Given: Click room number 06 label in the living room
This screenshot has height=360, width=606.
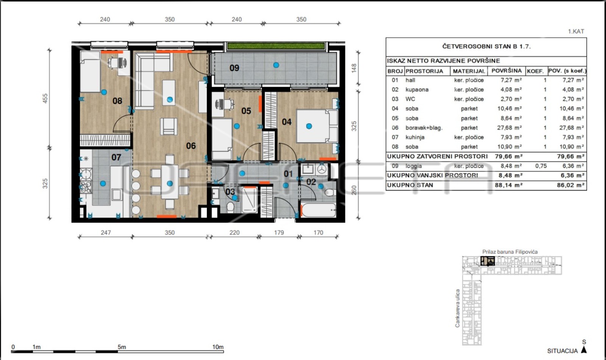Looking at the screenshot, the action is [191, 146].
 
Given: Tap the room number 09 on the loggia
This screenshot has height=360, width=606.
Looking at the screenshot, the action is [234, 68].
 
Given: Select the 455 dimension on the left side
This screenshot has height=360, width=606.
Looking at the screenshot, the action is [45, 98].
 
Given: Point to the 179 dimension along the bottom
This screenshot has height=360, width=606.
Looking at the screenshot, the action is [279, 232].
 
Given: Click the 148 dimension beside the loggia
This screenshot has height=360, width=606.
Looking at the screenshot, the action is [354, 68].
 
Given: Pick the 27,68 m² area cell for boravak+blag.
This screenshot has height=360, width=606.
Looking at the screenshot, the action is [509, 128].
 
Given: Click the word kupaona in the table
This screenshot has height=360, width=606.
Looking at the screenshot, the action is [417, 89].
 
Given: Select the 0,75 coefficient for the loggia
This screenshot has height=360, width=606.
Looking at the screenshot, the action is [541, 166].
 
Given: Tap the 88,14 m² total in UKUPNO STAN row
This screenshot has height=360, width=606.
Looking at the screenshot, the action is [509, 185].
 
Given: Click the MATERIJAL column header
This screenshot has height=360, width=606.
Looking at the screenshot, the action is [469, 71].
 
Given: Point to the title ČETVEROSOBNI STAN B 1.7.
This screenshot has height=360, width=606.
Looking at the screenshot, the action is [486, 47].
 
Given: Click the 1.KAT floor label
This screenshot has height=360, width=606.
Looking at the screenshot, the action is [576, 31].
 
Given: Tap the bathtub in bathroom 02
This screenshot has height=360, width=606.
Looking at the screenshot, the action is [319, 210].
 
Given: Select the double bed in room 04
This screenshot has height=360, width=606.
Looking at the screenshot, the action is [317, 126].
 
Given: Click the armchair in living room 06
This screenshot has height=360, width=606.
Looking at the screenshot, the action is [169, 126].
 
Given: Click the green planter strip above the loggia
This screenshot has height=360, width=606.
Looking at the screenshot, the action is [276, 46].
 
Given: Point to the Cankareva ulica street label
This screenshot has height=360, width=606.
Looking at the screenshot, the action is [458, 309].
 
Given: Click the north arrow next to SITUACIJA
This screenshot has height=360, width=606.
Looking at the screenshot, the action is [584, 350].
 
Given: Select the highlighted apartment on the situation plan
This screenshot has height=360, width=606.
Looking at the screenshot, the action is [487, 261].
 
